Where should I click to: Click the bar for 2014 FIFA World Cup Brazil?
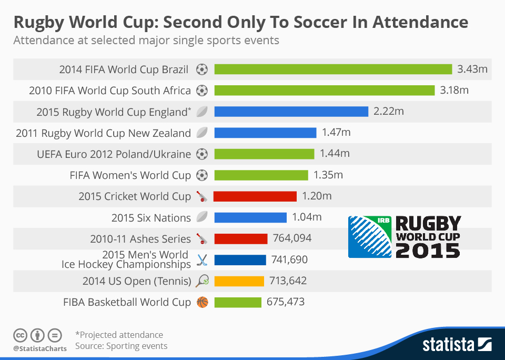click(333, 69)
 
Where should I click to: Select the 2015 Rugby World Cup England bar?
click(291, 112)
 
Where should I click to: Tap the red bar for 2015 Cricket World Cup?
click(255, 196)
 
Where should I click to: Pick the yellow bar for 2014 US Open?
click(239, 281)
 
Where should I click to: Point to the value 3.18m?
click(454, 90)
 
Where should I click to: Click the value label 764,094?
click(292, 238)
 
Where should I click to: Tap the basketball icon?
click(202, 302)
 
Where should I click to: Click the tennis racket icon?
click(202, 281)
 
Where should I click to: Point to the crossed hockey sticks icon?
click(202, 259)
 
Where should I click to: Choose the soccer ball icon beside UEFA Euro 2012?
click(202, 154)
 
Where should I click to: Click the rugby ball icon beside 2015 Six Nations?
click(202, 217)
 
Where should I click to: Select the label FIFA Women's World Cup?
click(130, 175)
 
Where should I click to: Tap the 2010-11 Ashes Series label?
click(140, 238)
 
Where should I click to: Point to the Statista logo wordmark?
click(449, 345)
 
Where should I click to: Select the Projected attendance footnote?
click(119, 335)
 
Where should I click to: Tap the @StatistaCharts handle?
click(40, 348)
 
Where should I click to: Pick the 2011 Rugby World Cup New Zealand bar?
click(265, 133)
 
